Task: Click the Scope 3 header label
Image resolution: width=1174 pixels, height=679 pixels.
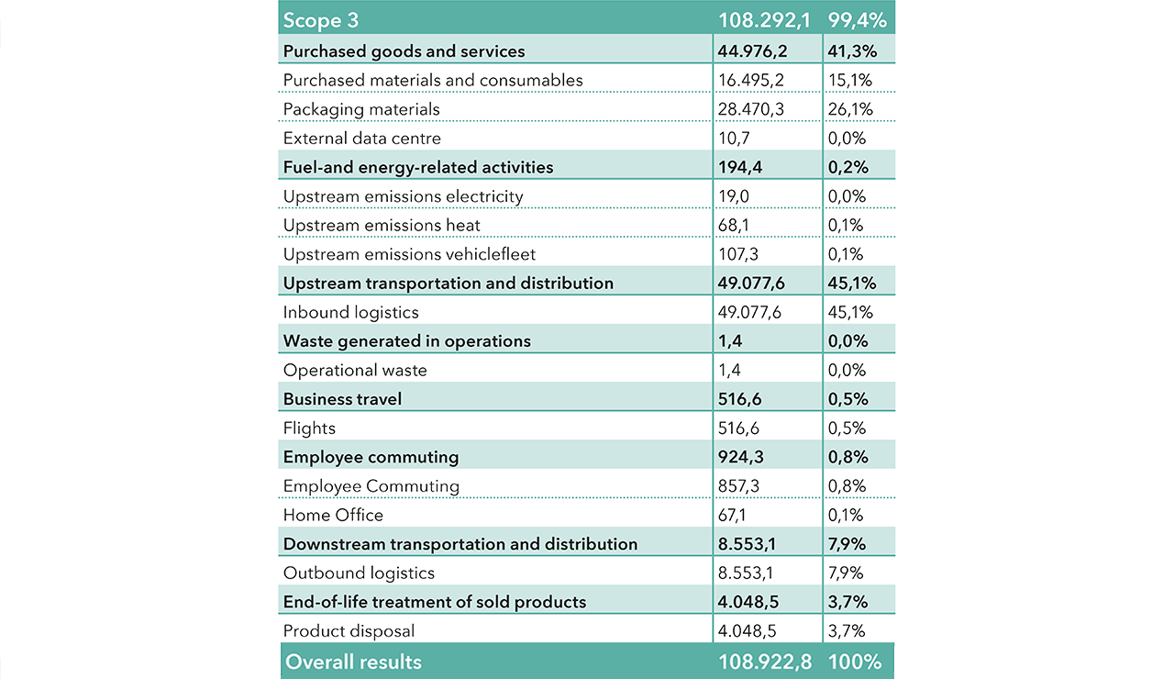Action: coord(321,20)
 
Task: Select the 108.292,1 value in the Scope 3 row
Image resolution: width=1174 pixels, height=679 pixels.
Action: coord(764,20)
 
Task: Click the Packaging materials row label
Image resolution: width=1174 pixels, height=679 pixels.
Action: coord(361,109)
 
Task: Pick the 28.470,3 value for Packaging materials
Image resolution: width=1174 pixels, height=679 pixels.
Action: coord(749,109)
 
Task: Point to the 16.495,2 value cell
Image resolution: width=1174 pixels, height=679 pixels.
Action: coord(749,80)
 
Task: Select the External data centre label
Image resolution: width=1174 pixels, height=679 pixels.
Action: coord(362,139)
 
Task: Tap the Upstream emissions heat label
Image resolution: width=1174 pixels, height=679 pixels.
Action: coord(382,225)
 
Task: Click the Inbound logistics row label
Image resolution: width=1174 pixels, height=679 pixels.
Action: coord(350,312)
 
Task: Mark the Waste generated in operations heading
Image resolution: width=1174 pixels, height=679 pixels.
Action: coord(406,341)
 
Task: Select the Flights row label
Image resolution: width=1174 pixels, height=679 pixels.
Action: coord(309,429)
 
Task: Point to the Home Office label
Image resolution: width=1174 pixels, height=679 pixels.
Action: coord(333,516)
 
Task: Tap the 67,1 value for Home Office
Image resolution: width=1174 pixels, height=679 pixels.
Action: coord(732,516)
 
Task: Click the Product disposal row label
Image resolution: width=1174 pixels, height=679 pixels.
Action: coord(349,631)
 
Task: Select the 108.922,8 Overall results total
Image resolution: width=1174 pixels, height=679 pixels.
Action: coord(764,662)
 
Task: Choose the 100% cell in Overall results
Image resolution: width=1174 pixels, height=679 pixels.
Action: coord(855,662)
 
